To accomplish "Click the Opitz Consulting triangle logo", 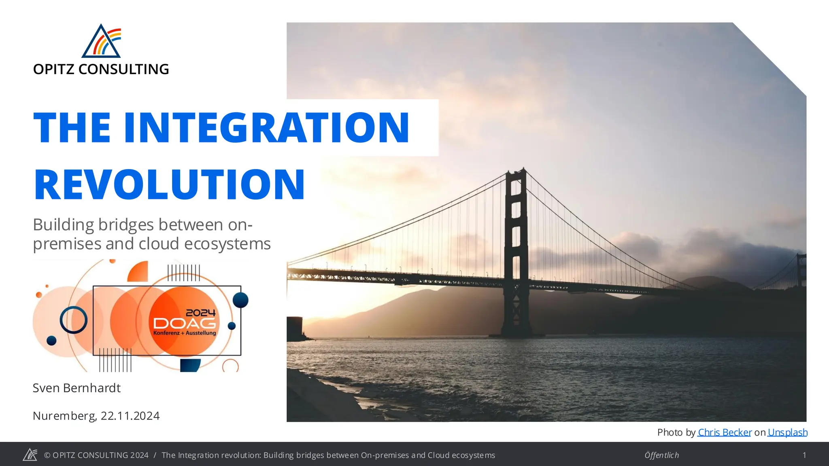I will [101, 42].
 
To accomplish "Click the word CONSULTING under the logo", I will [123, 69].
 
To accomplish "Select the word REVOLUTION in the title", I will [169, 184].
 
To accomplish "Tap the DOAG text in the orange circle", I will [184, 323].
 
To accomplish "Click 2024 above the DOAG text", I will [200, 313].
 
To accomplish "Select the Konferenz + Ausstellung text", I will [185, 333].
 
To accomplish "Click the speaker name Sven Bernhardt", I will [77, 388].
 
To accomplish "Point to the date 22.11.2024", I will [130, 416].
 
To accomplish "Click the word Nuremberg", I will [64, 416].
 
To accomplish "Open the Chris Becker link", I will [725, 432].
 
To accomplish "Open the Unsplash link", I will [787, 432].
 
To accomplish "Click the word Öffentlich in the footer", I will [661, 455].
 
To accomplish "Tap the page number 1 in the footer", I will [804, 455].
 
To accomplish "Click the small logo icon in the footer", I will [30, 455].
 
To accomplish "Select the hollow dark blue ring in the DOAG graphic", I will [74, 320].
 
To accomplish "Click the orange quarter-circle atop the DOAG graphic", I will [138, 272].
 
